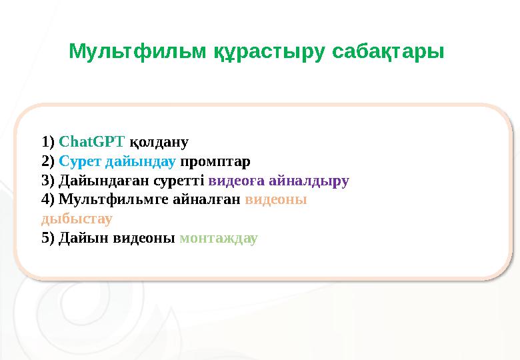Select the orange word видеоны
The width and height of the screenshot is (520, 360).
coord(275,199)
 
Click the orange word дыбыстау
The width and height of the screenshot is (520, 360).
coord(77,219)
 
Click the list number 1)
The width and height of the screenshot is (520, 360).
coord(48,141)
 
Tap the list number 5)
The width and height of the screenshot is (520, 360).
coord(48,238)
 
